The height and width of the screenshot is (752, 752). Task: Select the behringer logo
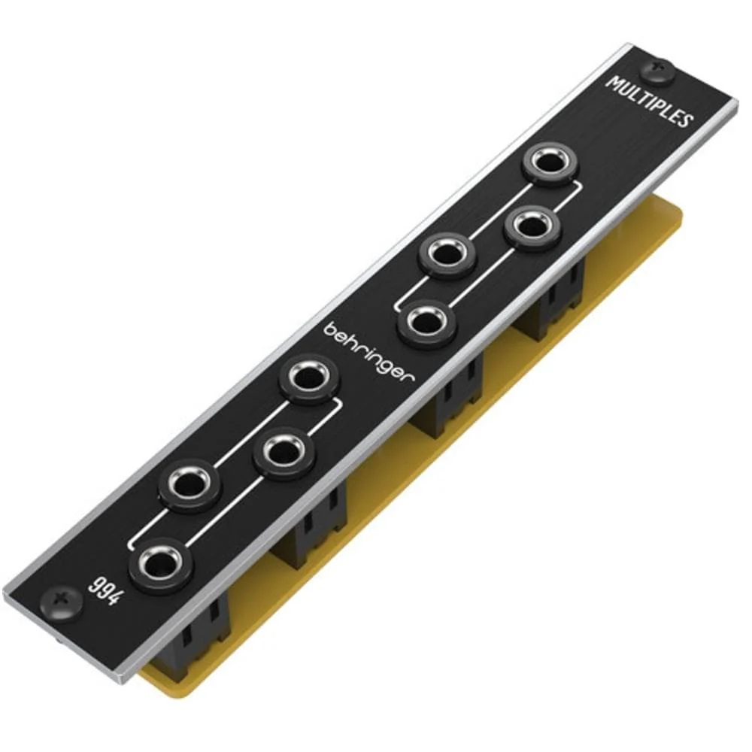(x=369, y=353)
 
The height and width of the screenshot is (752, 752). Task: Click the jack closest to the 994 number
(x=159, y=563)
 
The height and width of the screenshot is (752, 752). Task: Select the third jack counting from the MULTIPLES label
(x=447, y=256)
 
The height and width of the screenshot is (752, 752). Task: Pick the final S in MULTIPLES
(x=685, y=120)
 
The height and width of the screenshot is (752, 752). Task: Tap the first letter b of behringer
(x=329, y=331)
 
